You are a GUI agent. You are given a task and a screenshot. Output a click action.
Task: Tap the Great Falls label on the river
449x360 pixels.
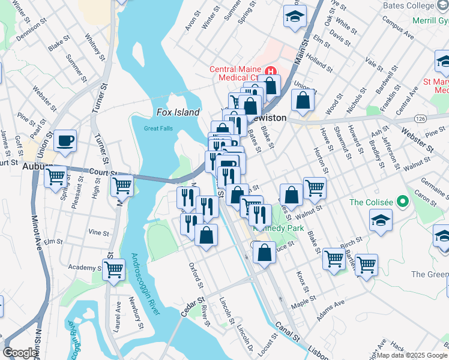click(158, 128)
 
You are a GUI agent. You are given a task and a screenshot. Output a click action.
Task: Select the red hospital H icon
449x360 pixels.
click(271, 70)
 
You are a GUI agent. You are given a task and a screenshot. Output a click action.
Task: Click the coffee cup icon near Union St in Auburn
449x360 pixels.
click(65, 142)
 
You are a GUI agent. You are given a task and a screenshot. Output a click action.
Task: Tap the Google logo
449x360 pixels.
click(20, 353)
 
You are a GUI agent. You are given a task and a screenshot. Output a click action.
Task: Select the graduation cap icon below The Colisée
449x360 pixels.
click(381, 221)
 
